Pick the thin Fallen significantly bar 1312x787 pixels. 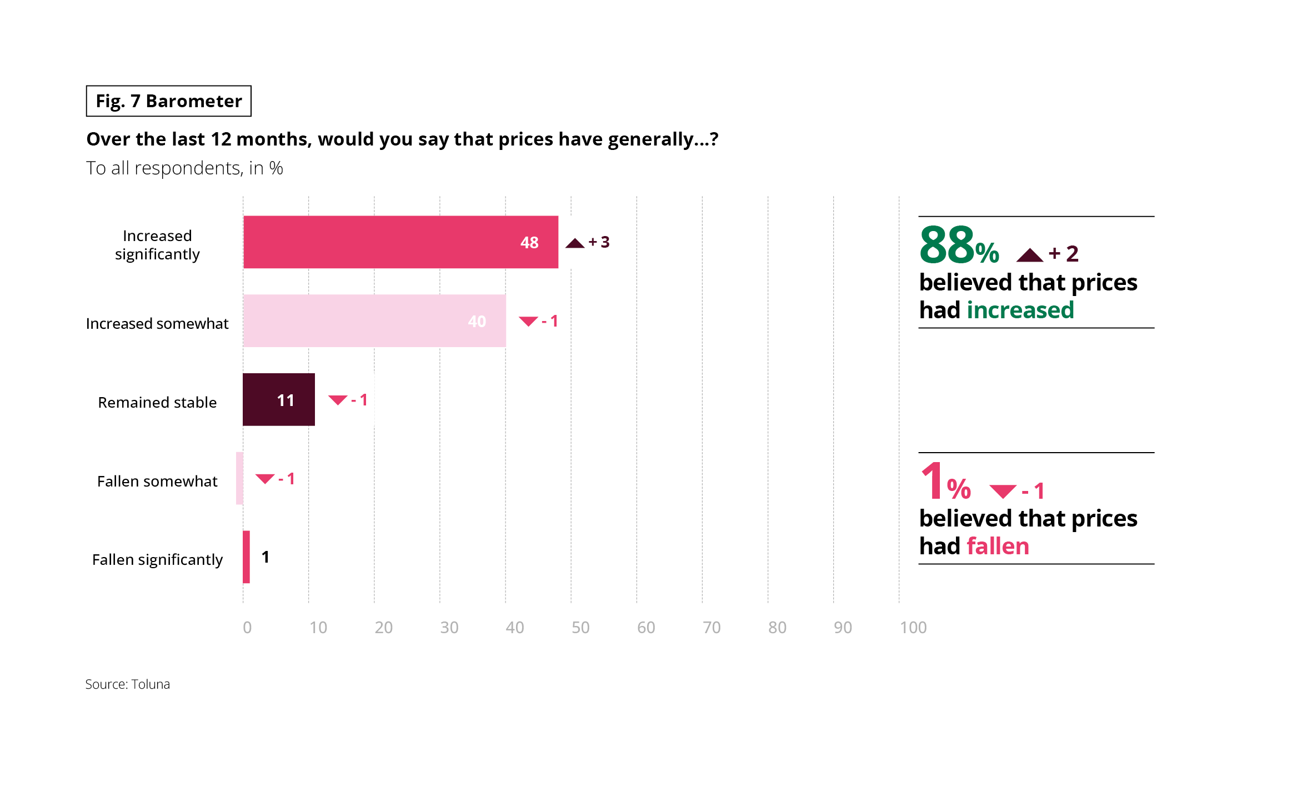pos(246,557)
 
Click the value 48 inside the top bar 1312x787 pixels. pos(529,243)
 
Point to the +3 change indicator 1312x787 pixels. pos(599,242)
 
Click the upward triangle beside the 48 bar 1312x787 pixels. pos(575,243)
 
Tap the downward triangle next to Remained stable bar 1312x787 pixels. pos(338,400)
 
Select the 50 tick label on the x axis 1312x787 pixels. pos(580,628)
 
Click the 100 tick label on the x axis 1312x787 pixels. pos(913,628)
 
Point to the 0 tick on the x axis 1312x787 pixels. pos(247,628)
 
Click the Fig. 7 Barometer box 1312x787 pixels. pos(169,101)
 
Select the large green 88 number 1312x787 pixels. pos(947,245)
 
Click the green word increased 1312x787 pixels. pos(1020,310)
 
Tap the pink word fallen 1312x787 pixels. pos(998,546)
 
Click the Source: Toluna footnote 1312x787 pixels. pos(128,684)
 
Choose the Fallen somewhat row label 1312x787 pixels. pos(157,481)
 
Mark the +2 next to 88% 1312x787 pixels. pos(1064,254)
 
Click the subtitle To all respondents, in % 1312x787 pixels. pos(184,168)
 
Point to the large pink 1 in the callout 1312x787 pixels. pos(932,482)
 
